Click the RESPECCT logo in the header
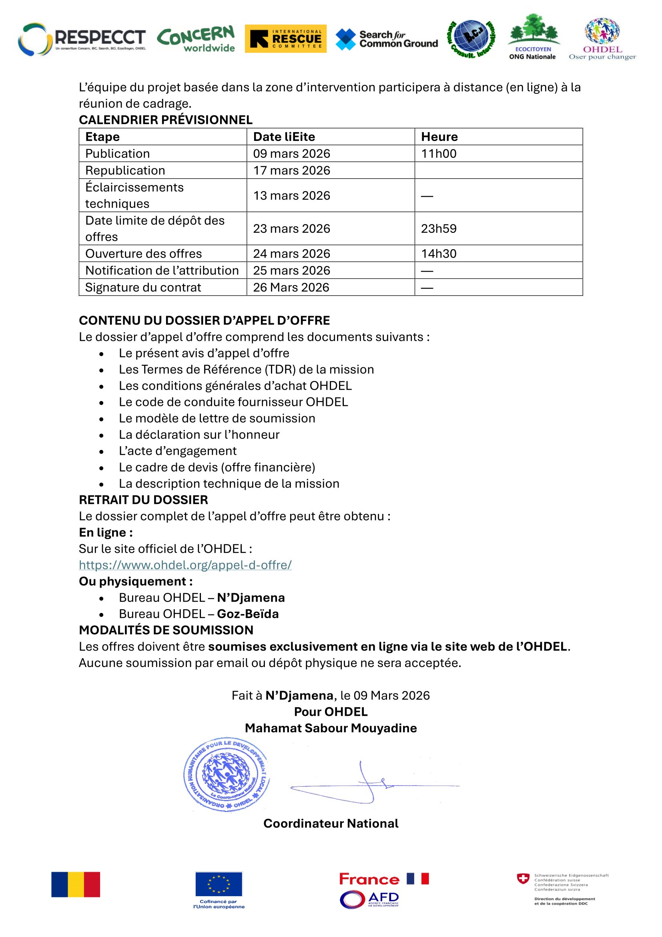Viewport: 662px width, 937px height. click(x=82, y=39)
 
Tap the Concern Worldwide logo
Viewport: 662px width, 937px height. click(x=197, y=39)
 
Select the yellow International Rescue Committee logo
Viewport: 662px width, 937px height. click(x=285, y=39)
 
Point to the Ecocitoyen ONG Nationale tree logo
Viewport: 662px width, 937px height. click(x=533, y=37)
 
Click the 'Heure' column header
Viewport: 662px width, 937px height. click(x=439, y=137)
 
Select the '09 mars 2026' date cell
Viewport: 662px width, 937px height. click(x=291, y=153)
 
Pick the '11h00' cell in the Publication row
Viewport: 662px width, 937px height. click(x=439, y=153)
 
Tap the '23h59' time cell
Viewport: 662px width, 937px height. click(x=439, y=228)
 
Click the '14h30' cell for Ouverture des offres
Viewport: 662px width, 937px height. click(x=439, y=254)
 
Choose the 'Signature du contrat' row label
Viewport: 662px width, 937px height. click(x=143, y=287)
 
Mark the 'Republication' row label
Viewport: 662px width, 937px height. click(x=125, y=170)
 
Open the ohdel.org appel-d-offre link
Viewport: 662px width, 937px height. click(x=185, y=565)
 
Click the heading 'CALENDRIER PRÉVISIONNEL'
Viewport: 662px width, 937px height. click(x=166, y=119)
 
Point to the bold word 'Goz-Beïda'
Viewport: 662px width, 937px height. click(x=248, y=614)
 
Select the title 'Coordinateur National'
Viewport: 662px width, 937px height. click(x=331, y=823)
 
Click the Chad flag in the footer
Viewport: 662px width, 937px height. click(x=75, y=885)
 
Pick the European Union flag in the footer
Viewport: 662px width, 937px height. click(x=219, y=884)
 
